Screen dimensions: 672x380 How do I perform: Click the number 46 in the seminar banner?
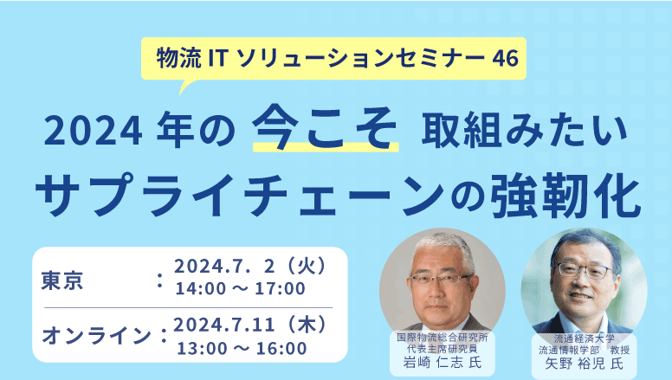[505, 58]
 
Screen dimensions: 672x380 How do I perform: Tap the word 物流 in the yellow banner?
[178, 58]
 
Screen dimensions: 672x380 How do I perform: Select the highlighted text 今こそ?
[325, 127]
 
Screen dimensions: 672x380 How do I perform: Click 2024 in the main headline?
[93, 132]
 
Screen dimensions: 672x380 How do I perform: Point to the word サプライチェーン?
[240, 195]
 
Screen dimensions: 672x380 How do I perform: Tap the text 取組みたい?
[524, 130]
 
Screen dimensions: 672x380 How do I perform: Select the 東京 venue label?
[62, 281]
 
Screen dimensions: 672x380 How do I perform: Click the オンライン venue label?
[96, 336]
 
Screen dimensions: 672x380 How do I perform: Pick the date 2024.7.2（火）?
[250, 267]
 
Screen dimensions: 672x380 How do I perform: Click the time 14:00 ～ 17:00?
[241, 289]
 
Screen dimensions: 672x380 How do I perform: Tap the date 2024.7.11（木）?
[250, 325]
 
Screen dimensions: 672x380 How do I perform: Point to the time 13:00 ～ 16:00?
[242, 348]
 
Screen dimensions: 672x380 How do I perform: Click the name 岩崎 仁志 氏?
[443, 363]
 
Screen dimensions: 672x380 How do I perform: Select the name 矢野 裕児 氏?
[584, 364]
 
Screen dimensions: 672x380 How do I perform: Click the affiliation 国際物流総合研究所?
[443, 338]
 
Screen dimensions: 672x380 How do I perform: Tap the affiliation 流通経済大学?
[585, 338]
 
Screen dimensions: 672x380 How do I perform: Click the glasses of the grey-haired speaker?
[442, 279]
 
